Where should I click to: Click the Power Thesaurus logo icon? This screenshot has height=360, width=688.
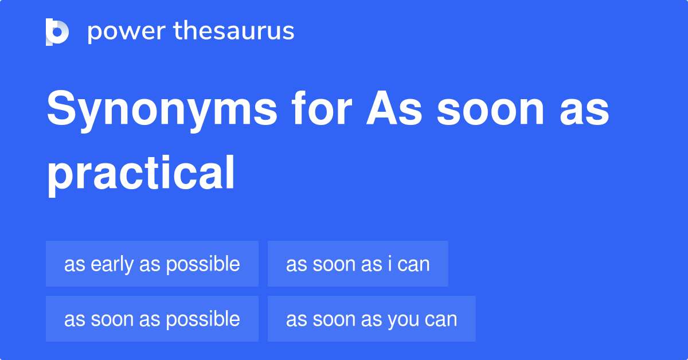coord(57,32)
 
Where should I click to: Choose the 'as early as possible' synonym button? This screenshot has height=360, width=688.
coord(152,264)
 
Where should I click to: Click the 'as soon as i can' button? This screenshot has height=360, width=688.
coord(358,264)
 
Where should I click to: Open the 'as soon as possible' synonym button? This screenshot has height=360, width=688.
coord(152,319)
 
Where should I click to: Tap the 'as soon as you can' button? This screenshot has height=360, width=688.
coord(372,319)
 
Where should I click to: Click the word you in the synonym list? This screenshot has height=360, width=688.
coord(403,319)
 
